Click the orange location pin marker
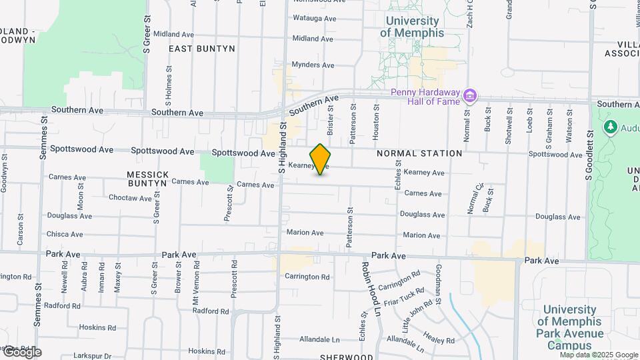(321, 159)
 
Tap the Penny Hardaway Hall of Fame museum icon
(471, 96)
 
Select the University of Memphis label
(412, 27)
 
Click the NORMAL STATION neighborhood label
(419, 153)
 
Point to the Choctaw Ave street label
(131, 198)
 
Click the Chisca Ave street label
(65, 234)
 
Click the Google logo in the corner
(21, 352)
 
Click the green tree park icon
(609, 126)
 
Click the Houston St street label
(376, 121)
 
